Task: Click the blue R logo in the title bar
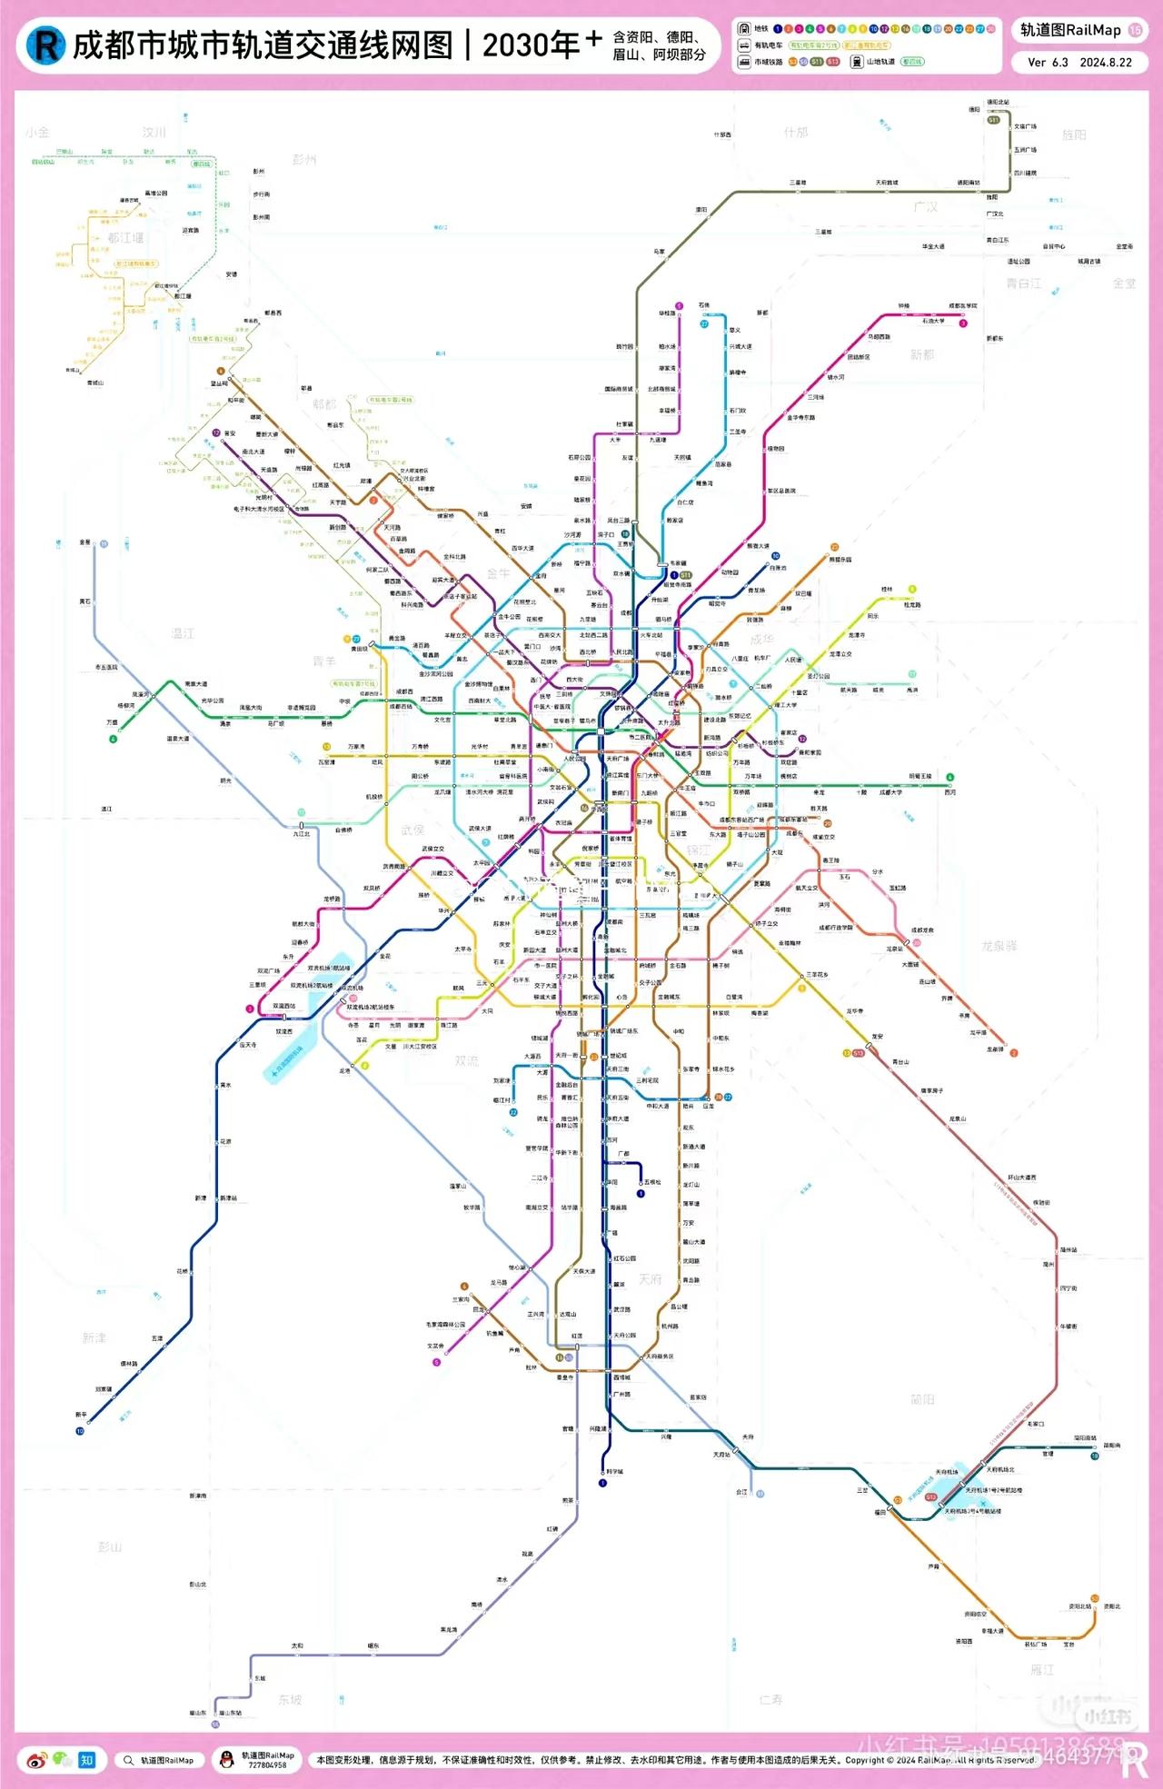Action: click(45, 45)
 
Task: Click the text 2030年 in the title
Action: click(530, 45)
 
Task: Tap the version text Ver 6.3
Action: click(1048, 63)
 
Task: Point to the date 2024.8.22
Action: click(1106, 63)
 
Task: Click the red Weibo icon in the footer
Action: click(36, 1760)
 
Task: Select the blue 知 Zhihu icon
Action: click(86, 1760)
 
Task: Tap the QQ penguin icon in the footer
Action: click(227, 1760)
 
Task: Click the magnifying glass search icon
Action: click(129, 1760)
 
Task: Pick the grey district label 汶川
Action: click(154, 133)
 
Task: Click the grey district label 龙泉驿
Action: click(999, 946)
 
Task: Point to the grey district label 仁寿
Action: click(770, 1699)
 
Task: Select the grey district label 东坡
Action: click(290, 1699)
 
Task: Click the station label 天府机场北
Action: click(1000, 1469)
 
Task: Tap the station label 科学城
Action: click(614, 1471)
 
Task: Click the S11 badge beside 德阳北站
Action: click(993, 120)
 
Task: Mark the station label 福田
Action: click(880, 1512)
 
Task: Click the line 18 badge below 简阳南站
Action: click(1095, 1456)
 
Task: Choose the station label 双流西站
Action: click(283, 1006)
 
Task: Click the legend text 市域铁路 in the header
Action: click(768, 62)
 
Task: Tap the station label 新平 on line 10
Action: click(81, 1415)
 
